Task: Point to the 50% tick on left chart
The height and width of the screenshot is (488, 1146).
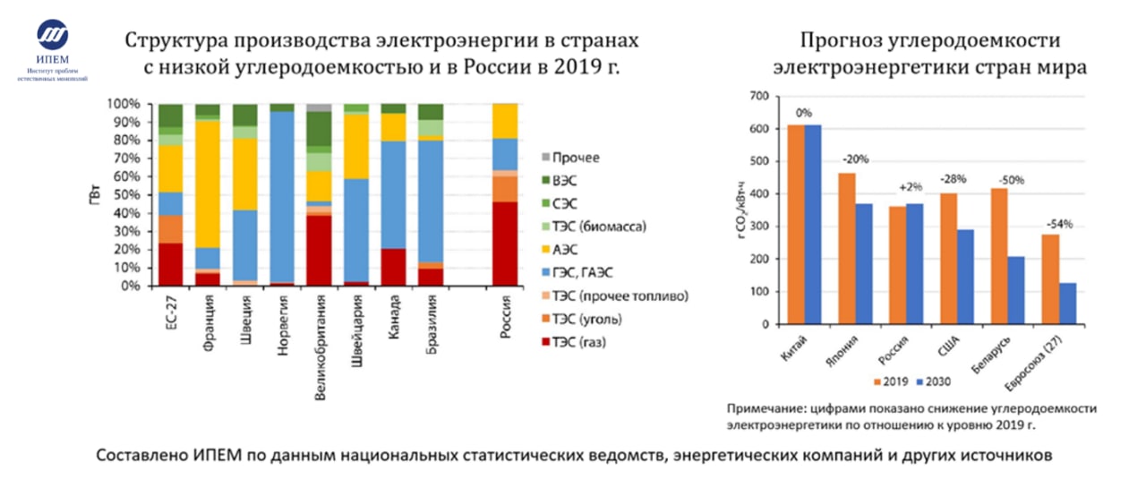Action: point(124,195)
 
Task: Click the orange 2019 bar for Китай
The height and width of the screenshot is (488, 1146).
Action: point(795,225)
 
